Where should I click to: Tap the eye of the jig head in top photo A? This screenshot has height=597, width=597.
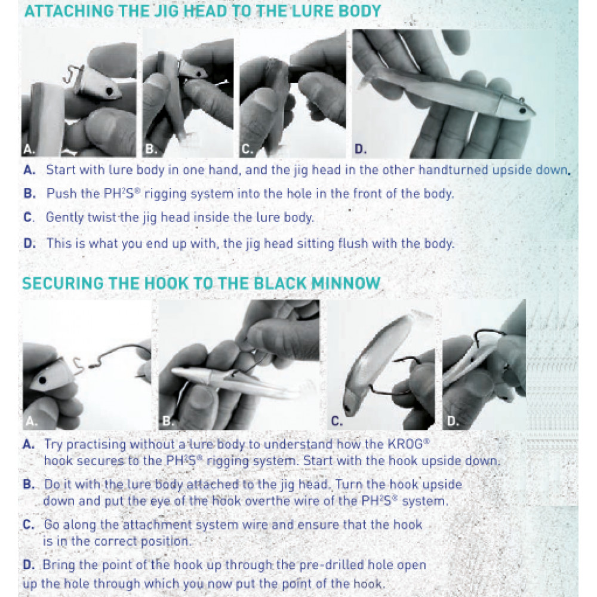[x=109, y=91]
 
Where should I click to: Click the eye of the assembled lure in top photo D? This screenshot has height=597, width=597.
[x=522, y=111]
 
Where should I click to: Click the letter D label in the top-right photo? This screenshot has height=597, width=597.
[x=360, y=149]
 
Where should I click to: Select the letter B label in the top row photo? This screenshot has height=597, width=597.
[x=151, y=149]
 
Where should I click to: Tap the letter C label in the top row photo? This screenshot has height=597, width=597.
[x=247, y=149]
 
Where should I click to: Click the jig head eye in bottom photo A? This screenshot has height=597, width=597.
[x=42, y=380]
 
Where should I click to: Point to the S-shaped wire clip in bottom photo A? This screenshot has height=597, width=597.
[x=78, y=367]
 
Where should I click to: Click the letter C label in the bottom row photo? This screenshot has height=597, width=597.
[x=337, y=421]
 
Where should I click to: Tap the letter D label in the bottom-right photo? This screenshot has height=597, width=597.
[x=452, y=421]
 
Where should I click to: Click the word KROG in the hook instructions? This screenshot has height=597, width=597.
[x=407, y=444]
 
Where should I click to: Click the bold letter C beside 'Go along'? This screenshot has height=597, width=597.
[x=29, y=525]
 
